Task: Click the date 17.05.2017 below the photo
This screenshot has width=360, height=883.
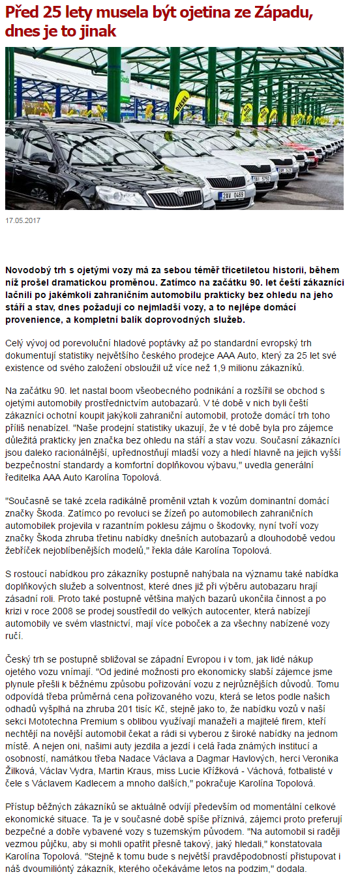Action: tap(23, 220)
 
